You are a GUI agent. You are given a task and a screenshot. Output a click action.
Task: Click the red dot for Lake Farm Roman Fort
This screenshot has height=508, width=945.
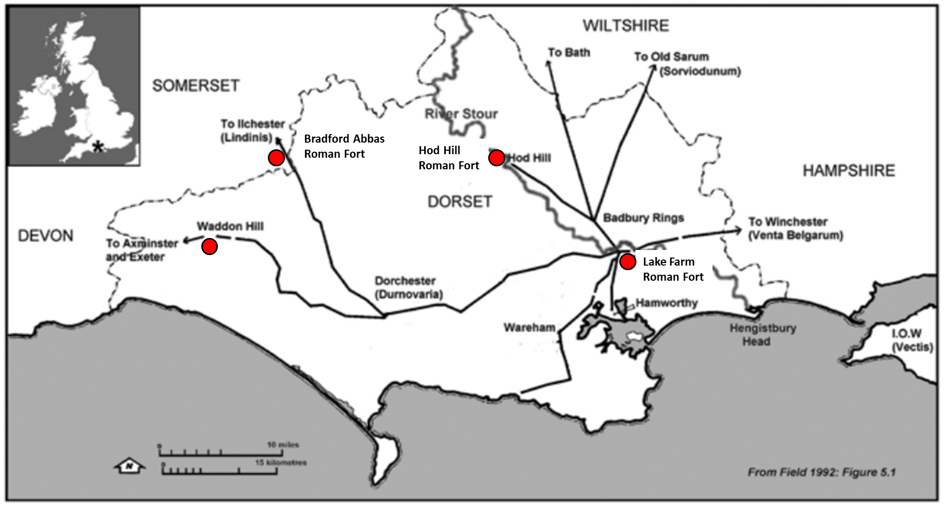627,262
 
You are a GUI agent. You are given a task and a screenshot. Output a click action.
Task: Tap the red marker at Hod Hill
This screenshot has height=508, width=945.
496,158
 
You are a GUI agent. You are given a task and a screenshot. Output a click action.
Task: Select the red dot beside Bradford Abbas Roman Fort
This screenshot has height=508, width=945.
276,158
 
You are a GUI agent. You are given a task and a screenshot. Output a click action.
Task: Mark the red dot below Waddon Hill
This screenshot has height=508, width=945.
209,246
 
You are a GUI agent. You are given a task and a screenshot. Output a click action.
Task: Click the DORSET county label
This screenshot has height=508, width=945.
459,202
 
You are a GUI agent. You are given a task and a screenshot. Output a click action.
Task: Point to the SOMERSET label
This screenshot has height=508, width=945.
196,86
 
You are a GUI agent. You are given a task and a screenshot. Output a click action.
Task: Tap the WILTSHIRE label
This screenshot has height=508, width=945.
626,26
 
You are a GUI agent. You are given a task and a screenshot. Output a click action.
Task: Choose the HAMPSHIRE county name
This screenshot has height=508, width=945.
849,171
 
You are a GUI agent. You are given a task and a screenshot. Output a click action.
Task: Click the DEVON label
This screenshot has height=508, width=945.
45,235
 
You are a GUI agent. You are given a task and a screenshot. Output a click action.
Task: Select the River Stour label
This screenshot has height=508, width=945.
461,114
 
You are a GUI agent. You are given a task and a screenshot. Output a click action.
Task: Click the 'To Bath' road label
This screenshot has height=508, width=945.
569,52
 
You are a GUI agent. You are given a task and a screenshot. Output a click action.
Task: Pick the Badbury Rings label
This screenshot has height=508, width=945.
643,218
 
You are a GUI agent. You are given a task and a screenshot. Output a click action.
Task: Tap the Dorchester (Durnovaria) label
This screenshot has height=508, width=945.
407,287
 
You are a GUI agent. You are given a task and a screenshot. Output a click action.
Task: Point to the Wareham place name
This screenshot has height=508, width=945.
529,328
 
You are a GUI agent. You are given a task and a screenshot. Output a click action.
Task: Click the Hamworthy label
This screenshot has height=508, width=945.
666,303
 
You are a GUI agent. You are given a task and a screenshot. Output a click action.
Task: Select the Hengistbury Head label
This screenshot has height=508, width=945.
762,335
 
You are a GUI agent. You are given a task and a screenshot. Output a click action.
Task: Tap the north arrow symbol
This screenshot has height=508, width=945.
130,466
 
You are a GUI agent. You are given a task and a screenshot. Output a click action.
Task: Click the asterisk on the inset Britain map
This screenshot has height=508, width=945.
98,147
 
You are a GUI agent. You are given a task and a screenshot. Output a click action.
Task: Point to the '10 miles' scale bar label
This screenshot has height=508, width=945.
283,444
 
